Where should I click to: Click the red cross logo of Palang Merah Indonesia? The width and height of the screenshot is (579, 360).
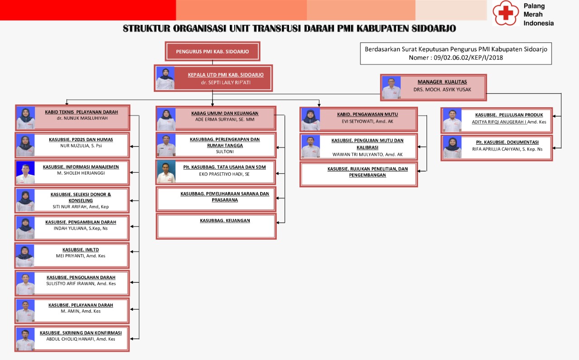(505, 13)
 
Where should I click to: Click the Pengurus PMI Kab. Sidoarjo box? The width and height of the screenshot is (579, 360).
(213, 52)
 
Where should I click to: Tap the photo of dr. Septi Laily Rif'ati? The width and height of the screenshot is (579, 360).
(165, 78)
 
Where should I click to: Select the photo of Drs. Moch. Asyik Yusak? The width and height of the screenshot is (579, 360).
(391, 87)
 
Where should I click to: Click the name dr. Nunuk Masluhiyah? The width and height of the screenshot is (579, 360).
(81, 118)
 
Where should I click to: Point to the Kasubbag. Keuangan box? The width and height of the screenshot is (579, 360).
(216, 226)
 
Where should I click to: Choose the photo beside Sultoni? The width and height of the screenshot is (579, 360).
(166, 145)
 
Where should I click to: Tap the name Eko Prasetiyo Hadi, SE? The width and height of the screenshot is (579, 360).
(224, 174)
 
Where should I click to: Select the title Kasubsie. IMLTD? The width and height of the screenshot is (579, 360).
(81, 250)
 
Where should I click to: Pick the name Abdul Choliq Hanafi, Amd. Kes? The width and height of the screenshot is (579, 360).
(81, 339)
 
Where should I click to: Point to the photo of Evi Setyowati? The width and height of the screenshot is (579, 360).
(311, 120)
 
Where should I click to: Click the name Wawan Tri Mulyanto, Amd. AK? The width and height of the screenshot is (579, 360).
(367, 154)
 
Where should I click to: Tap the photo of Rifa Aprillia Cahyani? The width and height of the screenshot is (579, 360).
(452, 147)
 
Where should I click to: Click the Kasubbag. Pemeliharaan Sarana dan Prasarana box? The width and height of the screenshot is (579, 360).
(216, 199)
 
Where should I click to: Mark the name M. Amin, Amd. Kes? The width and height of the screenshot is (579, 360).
(81, 311)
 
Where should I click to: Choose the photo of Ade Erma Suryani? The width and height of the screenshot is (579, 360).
(166, 119)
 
